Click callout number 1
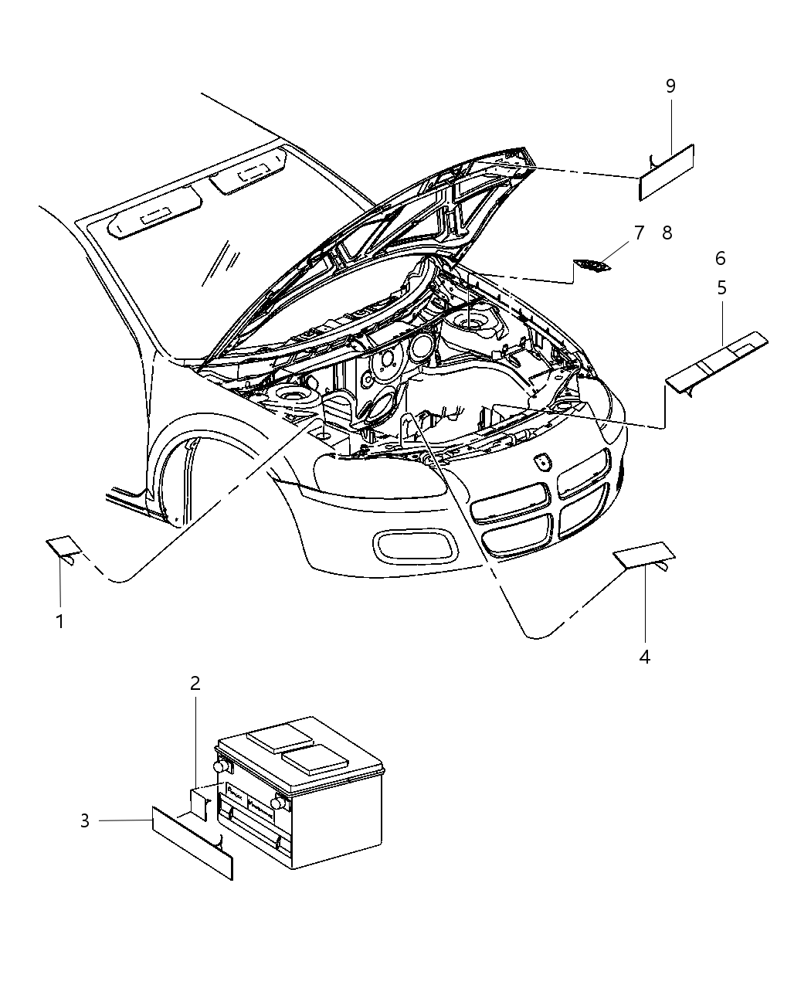coord(59,621)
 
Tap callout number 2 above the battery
coord(195,683)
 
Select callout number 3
coord(85,820)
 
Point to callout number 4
coord(644,657)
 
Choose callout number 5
coord(721,287)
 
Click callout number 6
coord(720,258)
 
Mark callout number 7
coord(638,233)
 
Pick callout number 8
coord(667,233)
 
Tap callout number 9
coord(670,86)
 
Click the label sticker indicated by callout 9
coord(666,172)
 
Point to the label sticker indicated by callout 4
coord(643,554)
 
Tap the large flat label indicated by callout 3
coord(192,842)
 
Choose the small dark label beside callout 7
coord(592,267)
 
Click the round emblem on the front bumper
coord(543,462)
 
